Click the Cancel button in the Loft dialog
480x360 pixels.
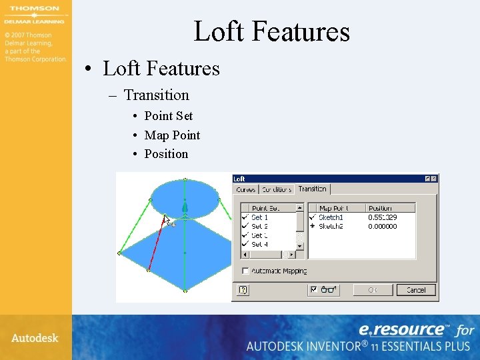(x=415, y=290)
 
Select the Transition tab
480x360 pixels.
(x=312, y=189)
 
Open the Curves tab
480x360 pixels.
(x=246, y=189)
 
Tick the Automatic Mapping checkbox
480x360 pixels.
(x=245, y=271)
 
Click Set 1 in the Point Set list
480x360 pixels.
(x=259, y=217)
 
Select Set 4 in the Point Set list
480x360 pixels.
(x=259, y=244)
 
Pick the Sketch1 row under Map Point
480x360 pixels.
(x=331, y=217)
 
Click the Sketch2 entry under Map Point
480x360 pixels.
(x=331, y=227)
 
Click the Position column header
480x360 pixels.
(x=381, y=208)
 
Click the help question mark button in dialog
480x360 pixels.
(x=243, y=290)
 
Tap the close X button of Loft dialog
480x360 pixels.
(x=434, y=179)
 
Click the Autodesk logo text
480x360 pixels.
(x=35, y=338)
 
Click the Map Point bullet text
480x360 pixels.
(x=172, y=135)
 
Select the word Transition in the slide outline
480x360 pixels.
(x=156, y=95)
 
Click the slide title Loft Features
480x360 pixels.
(x=271, y=31)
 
